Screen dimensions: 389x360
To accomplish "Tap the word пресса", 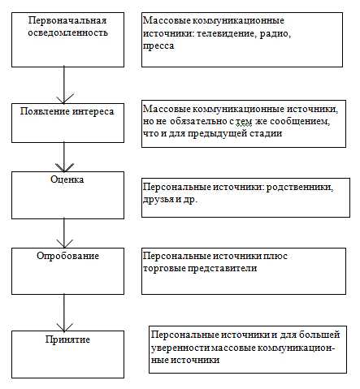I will click(x=158, y=47).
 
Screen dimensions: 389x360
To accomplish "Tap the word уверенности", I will click(x=180, y=347).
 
